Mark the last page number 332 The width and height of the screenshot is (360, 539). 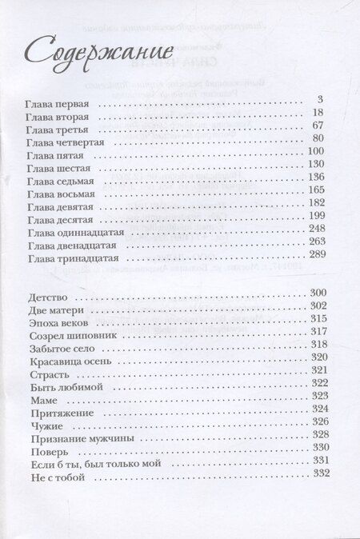point(318,477)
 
